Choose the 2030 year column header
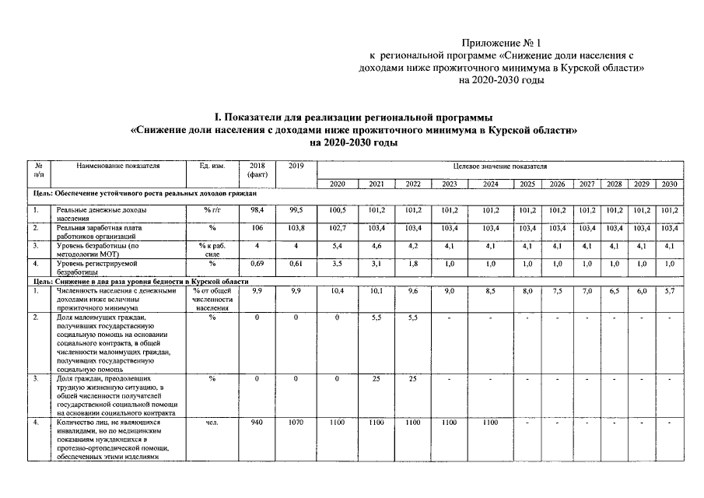pos(669,184)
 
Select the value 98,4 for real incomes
pos(257,210)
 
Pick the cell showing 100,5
pos(337,210)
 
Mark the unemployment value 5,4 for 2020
pos(337,246)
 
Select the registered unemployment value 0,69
pos(257,264)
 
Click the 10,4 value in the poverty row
pos(337,290)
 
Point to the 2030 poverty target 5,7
pos(669,290)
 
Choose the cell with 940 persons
pos(257,422)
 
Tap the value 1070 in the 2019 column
pos(296,422)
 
